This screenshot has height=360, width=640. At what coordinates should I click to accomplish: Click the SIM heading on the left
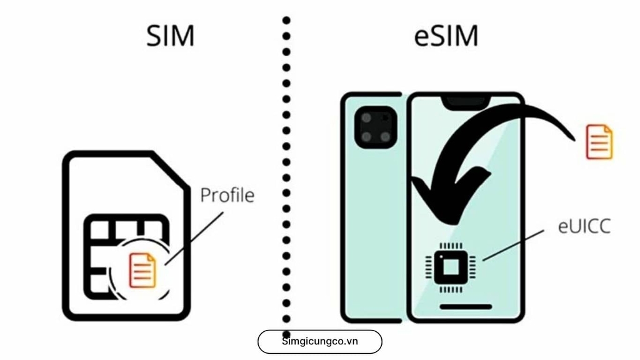point(171,36)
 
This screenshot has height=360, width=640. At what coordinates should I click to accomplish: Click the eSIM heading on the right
point(446,36)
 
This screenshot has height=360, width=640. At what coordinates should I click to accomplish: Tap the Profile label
point(227,195)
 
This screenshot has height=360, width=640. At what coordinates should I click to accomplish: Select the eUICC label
point(584,226)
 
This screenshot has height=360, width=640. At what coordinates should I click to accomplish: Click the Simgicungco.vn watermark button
point(319,342)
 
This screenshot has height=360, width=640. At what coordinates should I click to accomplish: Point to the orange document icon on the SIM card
point(142,270)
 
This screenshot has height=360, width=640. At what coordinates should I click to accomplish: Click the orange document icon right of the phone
point(599,141)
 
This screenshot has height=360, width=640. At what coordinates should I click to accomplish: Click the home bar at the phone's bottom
point(466,307)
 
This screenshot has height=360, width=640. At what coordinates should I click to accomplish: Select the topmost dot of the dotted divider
point(286,21)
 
